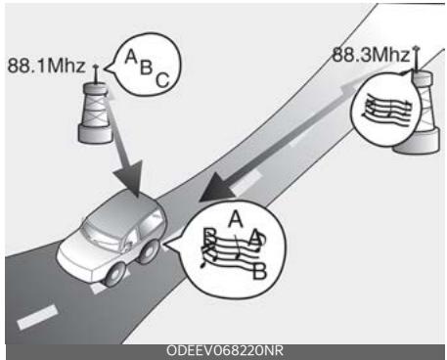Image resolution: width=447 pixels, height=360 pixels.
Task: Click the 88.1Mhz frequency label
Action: pyautogui.click(x=45, y=66)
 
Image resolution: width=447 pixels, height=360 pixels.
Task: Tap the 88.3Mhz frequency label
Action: pyautogui.click(x=371, y=55)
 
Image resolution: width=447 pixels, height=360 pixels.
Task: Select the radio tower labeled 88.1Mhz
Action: pyautogui.click(x=95, y=108)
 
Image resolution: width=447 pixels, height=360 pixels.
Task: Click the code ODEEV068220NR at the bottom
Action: pyautogui.click(x=224, y=350)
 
